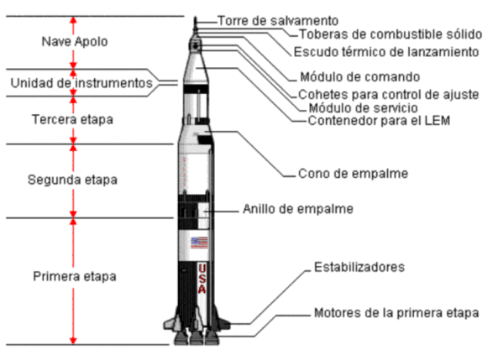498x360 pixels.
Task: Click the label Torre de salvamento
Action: [278, 21]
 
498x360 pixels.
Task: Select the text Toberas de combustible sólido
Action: [391, 34]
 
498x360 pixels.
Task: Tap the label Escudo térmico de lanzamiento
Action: [386, 52]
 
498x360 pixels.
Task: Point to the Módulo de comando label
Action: [360, 77]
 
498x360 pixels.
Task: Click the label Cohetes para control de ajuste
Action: [389, 95]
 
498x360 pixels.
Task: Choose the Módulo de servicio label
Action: [364, 108]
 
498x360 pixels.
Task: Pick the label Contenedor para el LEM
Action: [379, 121]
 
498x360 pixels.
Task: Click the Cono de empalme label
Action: [353, 174]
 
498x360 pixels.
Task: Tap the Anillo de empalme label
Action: [298, 209]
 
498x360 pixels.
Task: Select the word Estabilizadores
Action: [359, 268]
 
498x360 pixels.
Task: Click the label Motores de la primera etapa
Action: [396, 313]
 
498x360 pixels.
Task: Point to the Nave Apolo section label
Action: [75, 42]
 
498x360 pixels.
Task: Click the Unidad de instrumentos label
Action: [81, 83]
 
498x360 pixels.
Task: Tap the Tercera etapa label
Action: [72, 120]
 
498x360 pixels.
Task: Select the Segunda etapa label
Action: [72, 180]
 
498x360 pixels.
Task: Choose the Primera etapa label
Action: [75, 277]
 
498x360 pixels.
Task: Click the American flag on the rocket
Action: [199, 243]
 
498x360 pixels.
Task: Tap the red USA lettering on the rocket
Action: [202, 279]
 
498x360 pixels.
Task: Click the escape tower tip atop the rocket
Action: [196, 17]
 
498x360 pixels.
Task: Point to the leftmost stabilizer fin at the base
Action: [170, 322]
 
